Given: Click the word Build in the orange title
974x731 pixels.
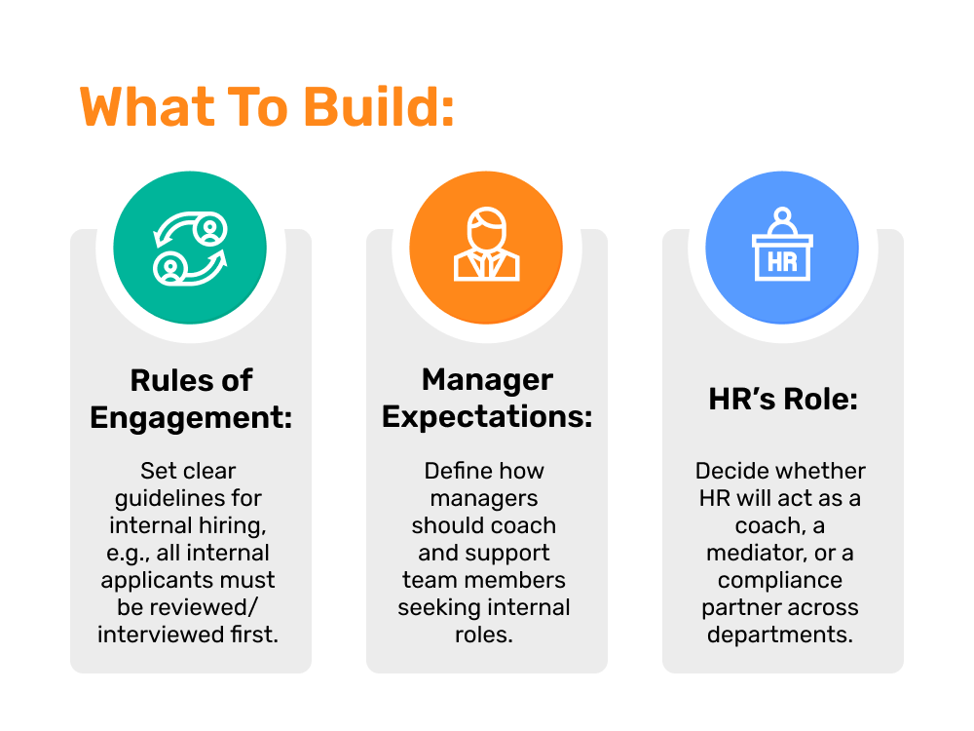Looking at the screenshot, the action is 380,106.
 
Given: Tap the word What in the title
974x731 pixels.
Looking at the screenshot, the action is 148,106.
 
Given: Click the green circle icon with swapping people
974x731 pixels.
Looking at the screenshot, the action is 190,248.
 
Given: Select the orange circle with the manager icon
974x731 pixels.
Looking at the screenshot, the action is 486,248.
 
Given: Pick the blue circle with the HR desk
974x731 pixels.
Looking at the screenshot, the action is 782,248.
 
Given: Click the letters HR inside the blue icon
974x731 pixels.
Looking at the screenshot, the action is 782,262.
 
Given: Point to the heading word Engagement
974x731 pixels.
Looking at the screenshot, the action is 191,418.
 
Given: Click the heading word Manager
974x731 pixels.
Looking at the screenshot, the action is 487,380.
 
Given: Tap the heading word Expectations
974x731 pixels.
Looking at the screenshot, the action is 487,417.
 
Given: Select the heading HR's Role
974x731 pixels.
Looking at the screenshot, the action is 783,399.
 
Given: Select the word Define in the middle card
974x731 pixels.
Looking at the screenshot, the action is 454,471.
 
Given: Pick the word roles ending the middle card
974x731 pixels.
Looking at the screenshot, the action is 484,635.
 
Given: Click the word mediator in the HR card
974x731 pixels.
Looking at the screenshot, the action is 757,553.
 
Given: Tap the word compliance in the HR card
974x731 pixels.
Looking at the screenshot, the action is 780,581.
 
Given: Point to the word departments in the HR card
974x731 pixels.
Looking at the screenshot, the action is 780,635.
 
